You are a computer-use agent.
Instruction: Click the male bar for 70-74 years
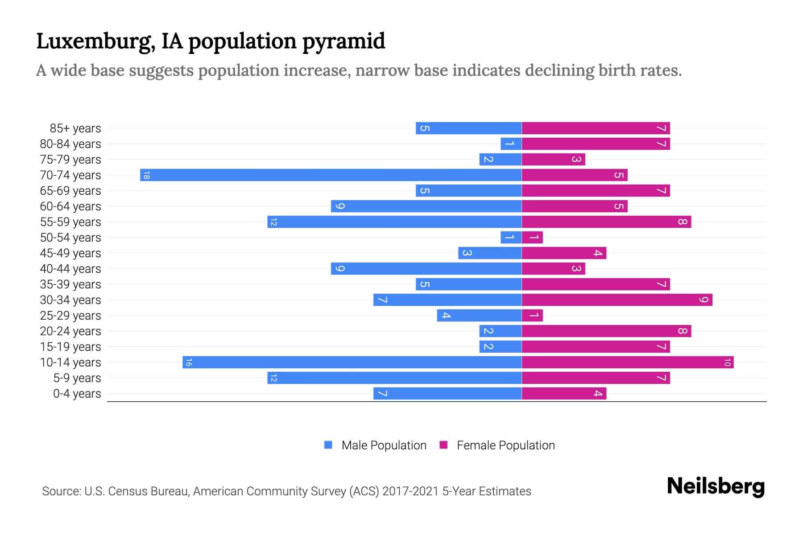tap(331, 175)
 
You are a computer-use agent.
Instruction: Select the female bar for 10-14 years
tap(627, 362)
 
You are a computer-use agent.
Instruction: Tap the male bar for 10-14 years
tap(352, 362)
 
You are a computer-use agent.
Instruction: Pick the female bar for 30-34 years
tap(617, 300)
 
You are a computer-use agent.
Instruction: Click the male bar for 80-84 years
tap(511, 144)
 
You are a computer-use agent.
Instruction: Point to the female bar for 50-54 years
tap(532, 237)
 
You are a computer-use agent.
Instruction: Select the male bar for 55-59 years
tap(394, 222)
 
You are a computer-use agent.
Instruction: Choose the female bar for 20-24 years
tap(606, 331)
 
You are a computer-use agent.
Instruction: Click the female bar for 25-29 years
tap(532, 315)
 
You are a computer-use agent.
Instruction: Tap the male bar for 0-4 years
tap(447, 393)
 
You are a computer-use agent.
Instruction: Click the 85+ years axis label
tap(75, 128)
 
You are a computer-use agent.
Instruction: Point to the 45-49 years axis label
tap(70, 253)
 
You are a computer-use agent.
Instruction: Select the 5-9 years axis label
tap(77, 378)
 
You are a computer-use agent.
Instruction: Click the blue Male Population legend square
tap(328, 445)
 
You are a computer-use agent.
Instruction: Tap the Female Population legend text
tap(505, 445)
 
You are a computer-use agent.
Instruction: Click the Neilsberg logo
tap(716, 486)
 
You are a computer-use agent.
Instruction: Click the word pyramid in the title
tap(344, 41)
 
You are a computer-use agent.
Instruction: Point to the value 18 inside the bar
tap(146, 175)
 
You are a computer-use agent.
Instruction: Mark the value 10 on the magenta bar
tap(727, 362)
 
